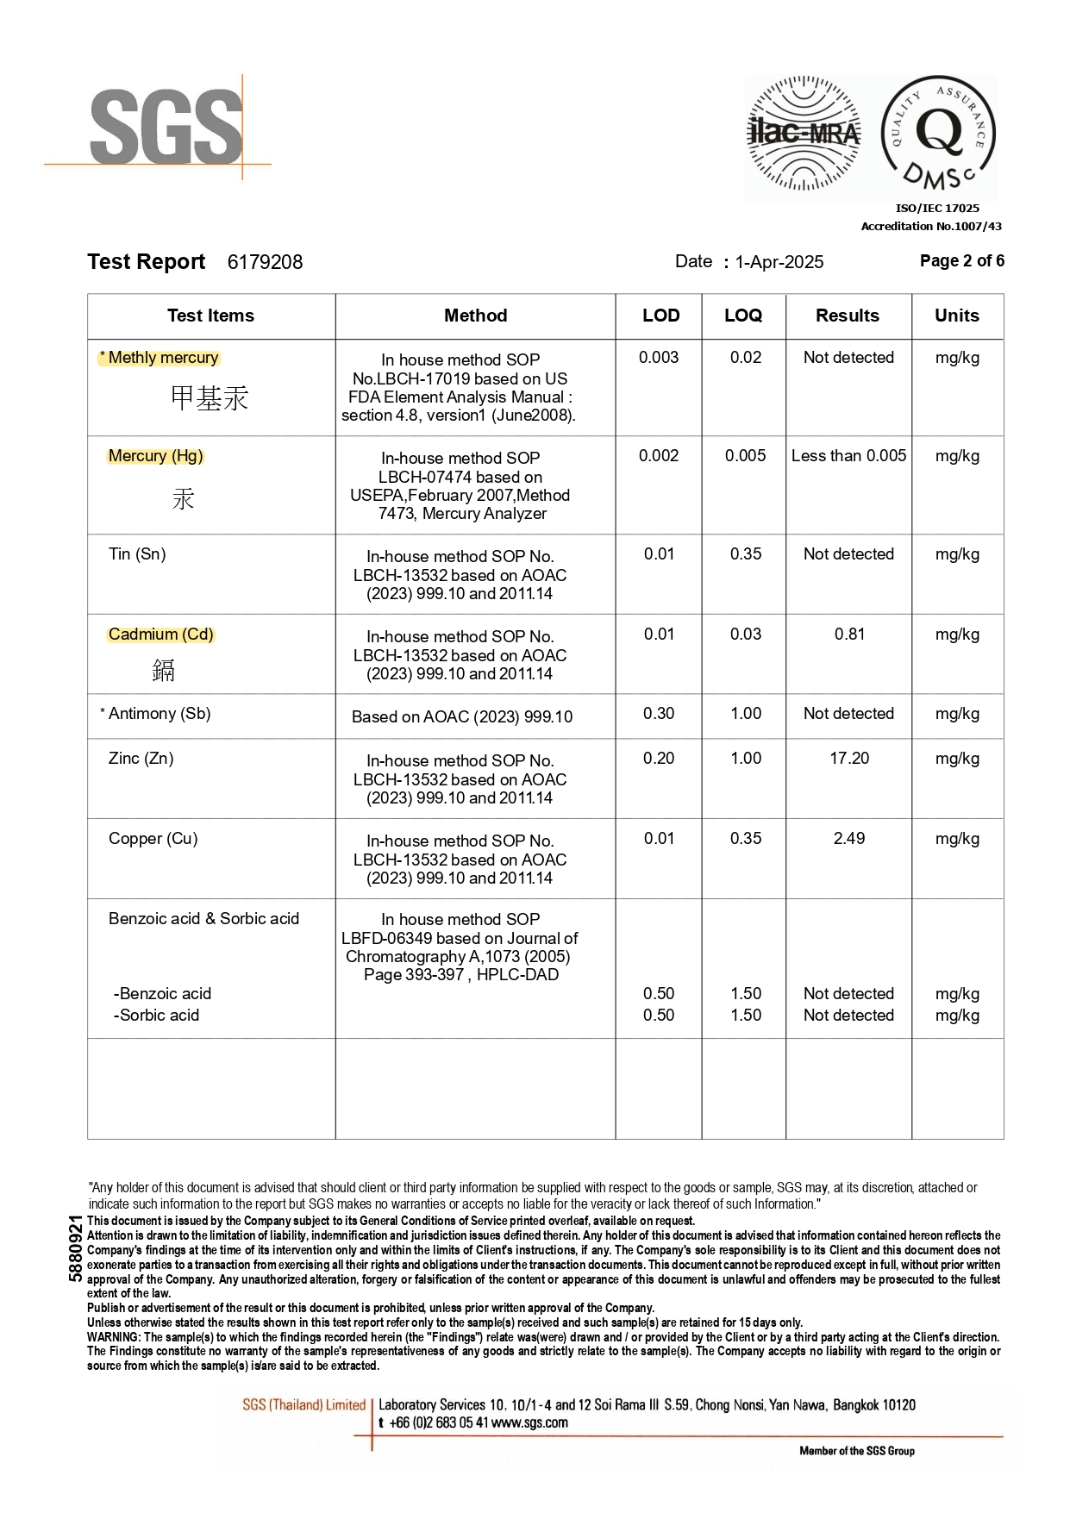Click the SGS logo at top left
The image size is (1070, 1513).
pos(166,128)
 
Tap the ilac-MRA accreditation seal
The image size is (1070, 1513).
pos(804,134)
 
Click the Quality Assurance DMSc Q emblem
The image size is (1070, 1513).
pos(939,134)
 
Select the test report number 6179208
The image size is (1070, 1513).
pos(265,262)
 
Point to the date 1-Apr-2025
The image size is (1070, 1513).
pos(779,262)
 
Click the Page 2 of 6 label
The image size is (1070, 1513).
pos(961,260)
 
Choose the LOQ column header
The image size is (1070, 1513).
pos(743,316)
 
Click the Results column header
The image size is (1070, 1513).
pos(848,316)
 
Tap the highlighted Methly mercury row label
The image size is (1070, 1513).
pos(163,358)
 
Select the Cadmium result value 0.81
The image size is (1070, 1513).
pos(849,634)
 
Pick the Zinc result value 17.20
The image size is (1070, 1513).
pos(849,758)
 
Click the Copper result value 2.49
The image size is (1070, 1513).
pos(849,838)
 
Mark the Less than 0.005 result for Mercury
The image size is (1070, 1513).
pos(848,455)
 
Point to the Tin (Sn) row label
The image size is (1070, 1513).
pos(137,553)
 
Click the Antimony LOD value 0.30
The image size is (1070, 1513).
pos(659,713)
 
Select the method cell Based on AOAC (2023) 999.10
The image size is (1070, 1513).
pos(462,716)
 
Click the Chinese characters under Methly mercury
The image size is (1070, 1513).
pos(210,398)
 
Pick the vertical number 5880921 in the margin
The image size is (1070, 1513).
pos(76,1247)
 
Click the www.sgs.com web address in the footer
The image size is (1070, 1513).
pos(529,1422)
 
